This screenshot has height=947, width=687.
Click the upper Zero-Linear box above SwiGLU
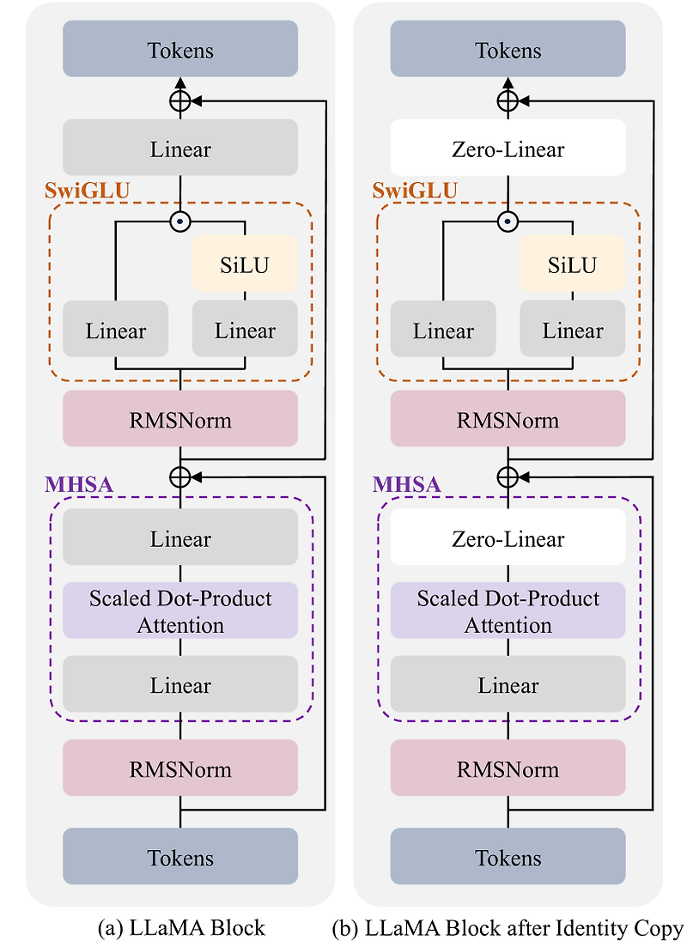[x=508, y=149]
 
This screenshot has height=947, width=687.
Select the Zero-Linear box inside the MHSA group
[x=508, y=538]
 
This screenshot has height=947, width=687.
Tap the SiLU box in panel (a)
[x=245, y=265]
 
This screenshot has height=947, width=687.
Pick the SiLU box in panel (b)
[x=572, y=265]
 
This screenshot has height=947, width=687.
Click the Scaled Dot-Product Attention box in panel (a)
[x=180, y=611]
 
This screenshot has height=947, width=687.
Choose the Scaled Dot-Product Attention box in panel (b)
[x=508, y=611]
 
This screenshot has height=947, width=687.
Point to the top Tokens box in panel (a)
[x=180, y=50]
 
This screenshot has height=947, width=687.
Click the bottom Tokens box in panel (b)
[x=508, y=857]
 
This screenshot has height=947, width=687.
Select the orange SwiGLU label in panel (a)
[x=86, y=190]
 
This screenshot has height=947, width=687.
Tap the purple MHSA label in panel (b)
[x=407, y=484]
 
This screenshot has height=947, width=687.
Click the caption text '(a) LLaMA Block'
[x=182, y=928]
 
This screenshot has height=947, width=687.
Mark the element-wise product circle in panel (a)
[x=179, y=222]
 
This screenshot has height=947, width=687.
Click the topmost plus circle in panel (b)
[x=508, y=101]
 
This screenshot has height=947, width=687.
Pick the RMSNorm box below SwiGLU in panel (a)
[x=180, y=420]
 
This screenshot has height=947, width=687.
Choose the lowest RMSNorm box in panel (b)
[x=508, y=768]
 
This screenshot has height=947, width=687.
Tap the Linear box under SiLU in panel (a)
[x=245, y=331]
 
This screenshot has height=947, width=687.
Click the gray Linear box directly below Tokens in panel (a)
[x=180, y=149]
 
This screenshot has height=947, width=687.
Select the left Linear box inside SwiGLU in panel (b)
[x=443, y=331]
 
